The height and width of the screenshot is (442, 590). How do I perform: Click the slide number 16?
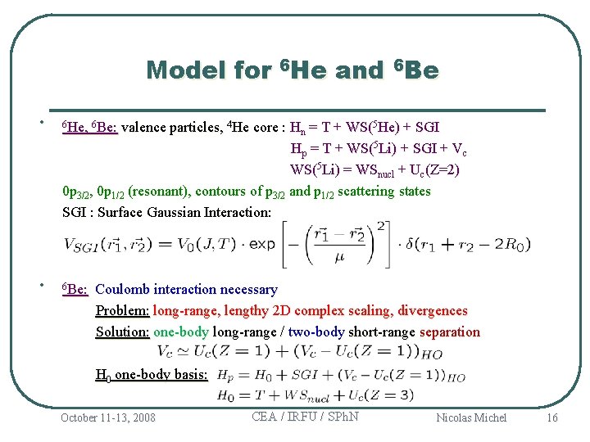[551, 417]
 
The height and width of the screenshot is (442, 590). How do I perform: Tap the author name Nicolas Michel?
[471, 417]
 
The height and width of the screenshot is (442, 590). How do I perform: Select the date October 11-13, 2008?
[107, 417]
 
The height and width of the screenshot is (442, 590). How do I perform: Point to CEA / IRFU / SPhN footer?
[305, 416]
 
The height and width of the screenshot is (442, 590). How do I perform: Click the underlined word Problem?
[123, 311]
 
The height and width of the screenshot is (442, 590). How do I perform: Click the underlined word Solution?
[123, 332]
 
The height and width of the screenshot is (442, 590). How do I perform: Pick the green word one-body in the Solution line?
[181, 332]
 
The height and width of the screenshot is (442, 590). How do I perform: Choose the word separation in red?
[450, 332]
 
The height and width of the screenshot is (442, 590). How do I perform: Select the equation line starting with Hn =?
[365, 128]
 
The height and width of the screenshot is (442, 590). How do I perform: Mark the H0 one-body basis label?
[152, 375]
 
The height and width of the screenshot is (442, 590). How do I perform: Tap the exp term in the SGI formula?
[262, 244]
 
